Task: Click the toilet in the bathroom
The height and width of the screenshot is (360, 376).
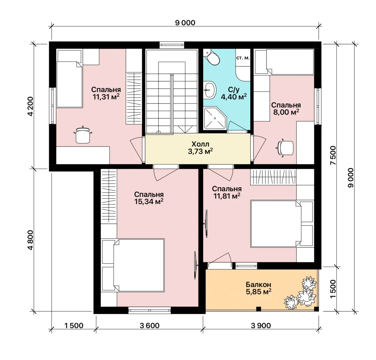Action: click(x=211, y=57)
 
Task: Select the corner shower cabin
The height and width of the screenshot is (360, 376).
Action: click(x=215, y=118)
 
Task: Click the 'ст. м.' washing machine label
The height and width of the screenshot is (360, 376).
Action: click(x=243, y=58)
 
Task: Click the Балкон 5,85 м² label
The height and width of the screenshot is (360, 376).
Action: click(x=258, y=288)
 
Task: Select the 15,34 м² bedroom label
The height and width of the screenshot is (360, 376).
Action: click(x=149, y=198)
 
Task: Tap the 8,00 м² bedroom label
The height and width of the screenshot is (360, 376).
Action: click(x=286, y=108)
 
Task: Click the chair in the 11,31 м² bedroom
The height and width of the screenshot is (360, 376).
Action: click(x=83, y=135)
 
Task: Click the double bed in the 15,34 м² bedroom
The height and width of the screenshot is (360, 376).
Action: click(x=133, y=265)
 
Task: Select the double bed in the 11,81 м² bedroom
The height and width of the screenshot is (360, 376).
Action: click(x=282, y=224)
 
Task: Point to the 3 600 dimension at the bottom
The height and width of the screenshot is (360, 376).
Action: click(x=150, y=325)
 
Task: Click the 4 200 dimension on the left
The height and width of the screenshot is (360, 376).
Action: click(x=30, y=106)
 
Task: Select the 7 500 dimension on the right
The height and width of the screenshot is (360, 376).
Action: click(x=333, y=155)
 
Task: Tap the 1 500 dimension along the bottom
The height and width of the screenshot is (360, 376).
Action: click(x=74, y=325)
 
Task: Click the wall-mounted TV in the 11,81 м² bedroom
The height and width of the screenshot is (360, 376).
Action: click(x=206, y=224)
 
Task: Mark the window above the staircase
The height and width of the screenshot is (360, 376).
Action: click(x=172, y=45)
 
